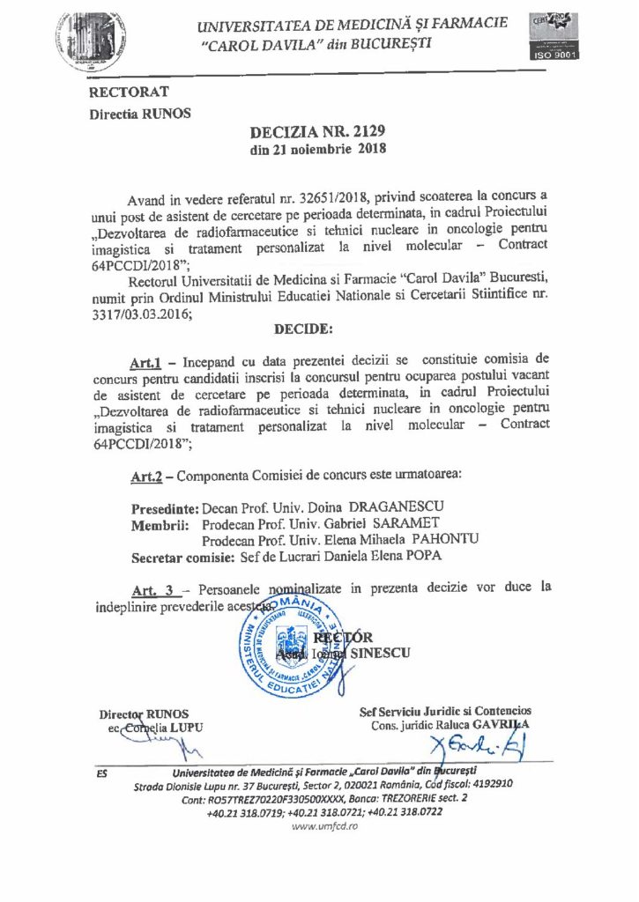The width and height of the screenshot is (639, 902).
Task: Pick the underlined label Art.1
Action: (x=144, y=359)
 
